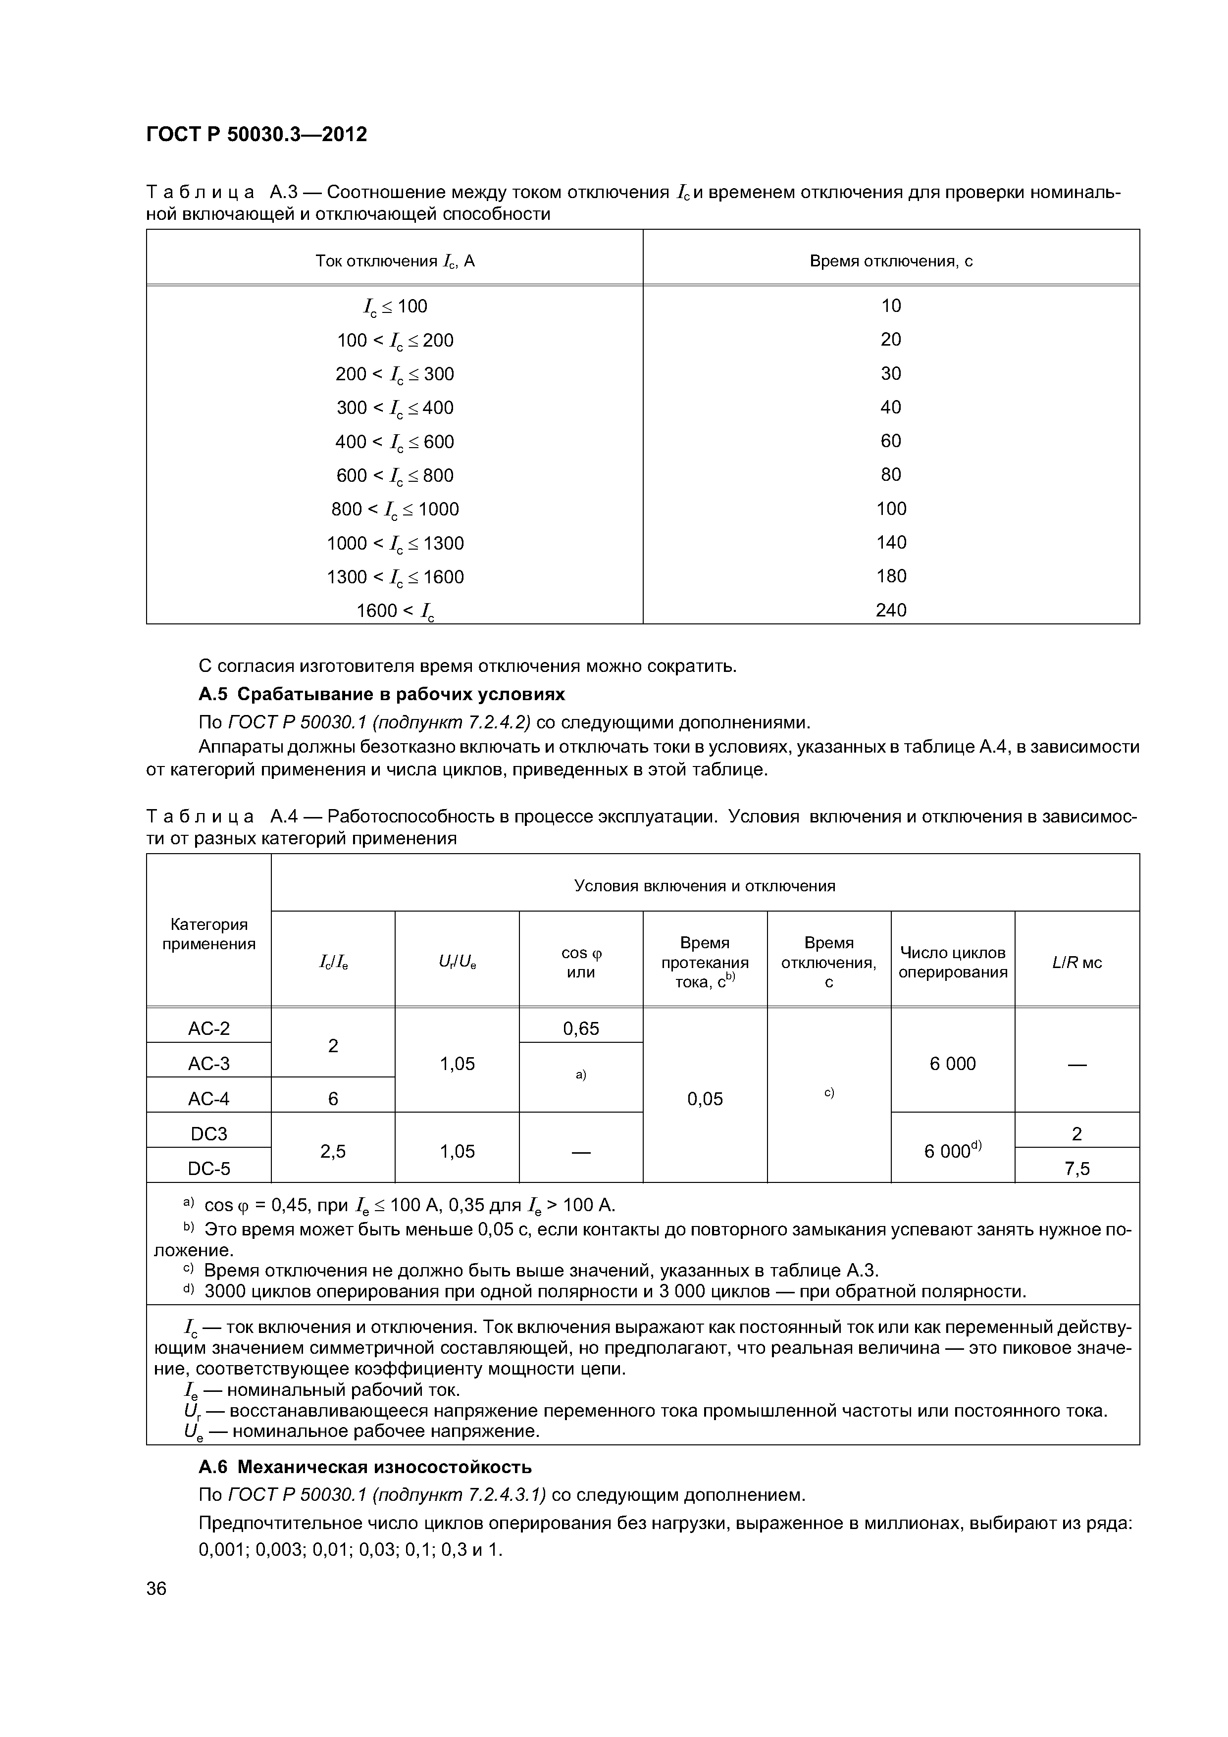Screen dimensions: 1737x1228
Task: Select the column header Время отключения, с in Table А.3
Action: (890, 261)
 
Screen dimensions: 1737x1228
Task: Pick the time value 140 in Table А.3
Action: (890, 542)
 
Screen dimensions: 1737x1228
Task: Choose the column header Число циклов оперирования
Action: (953, 962)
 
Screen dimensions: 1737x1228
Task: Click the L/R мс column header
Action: (1076, 962)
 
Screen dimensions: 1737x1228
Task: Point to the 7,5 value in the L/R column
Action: (1076, 1169)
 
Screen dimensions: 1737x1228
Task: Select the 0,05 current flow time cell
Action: (705, 1098)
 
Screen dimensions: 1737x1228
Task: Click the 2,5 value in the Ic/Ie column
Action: (332, 1151)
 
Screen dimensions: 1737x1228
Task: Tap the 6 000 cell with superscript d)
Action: (953, 1151)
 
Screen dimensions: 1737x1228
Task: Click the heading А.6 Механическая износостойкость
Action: (365, 1467)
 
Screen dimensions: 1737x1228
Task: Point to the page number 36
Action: (156, 1589)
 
